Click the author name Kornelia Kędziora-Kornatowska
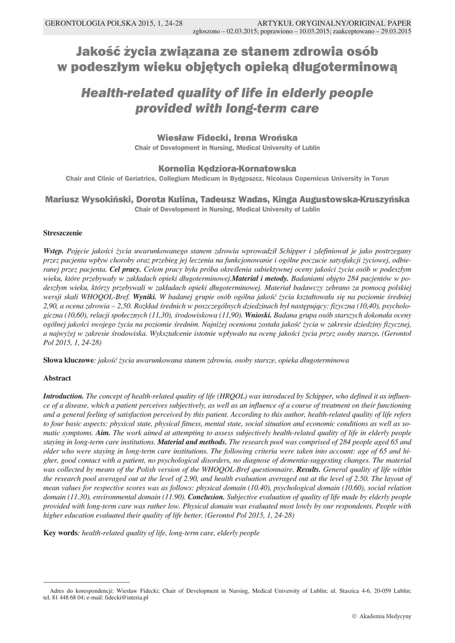[x=227, y=168]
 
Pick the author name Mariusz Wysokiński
[x=88, y=199]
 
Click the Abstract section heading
[x=56, y=378]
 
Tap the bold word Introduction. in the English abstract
[x=63, y=397]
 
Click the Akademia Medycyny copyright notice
[x=382, y=617]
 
